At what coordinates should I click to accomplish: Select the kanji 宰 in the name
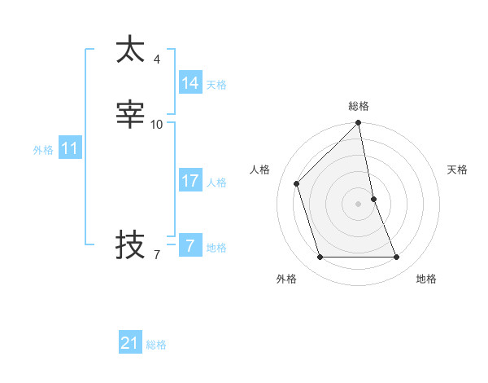point(130,115)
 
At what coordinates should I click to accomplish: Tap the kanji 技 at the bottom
point(130,244)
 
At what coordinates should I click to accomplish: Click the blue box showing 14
point(190,83)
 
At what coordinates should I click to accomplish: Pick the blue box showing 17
point(190,181)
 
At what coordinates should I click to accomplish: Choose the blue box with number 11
point(69,149)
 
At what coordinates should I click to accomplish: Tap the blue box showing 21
point(129,343)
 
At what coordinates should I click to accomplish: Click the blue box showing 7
point(190,246)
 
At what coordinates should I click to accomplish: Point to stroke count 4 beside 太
point(157,59)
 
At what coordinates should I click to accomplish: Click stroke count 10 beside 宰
point(157,125)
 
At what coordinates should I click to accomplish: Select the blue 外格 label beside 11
point(43,150)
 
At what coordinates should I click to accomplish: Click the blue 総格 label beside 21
point(156,345)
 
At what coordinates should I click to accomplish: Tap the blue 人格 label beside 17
point(217,183)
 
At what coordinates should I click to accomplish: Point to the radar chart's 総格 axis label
point(359,106)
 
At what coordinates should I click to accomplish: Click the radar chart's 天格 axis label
point(457,169)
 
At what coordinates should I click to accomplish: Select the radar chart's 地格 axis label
point(426,279)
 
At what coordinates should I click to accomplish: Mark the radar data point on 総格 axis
point(359,123)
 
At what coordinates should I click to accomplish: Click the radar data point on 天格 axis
point(373,199)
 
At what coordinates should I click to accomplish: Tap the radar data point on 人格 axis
point(297,183)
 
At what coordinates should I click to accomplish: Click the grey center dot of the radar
point(359,204)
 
